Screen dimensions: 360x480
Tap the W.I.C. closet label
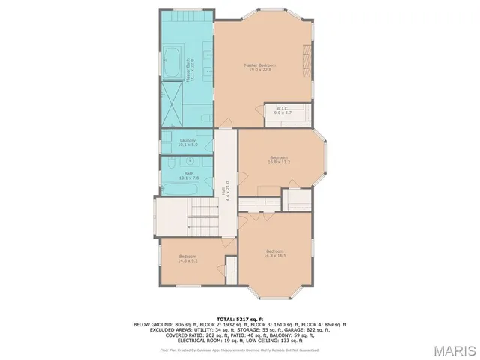tap(283, 108)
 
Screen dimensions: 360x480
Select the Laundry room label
tap(188, 140)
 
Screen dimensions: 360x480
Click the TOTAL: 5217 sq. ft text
tap(240, 319)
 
